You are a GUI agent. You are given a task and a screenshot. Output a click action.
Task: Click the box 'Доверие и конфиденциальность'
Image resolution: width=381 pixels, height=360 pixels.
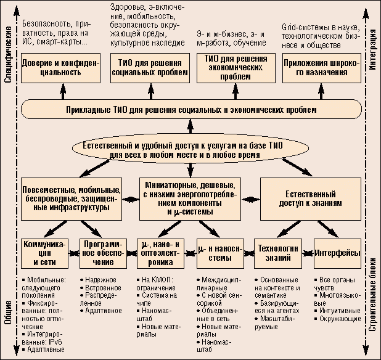[x=52, y=67]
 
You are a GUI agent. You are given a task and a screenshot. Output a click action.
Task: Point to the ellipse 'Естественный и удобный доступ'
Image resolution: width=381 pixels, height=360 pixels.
[x=191, y=149]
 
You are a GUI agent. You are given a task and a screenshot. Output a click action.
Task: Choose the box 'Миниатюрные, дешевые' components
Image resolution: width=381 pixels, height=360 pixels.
[x=189, y=198]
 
